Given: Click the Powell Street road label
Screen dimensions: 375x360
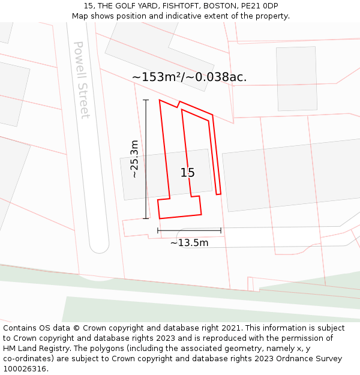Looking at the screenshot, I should pos(82,80).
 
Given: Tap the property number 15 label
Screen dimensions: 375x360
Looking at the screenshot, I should pos(188,173).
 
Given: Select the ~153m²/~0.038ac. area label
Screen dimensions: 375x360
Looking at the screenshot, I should pos(189,77).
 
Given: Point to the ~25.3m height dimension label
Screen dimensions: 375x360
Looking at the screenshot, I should pos(134,159).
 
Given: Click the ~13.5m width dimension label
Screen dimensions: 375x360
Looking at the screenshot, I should pos(189,242).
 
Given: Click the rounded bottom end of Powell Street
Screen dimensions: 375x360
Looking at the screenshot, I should pos(99,246).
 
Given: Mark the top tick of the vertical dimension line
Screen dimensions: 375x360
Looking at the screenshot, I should pos(146,100).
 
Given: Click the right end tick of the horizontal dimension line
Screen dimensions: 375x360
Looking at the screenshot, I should pos(221,230).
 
